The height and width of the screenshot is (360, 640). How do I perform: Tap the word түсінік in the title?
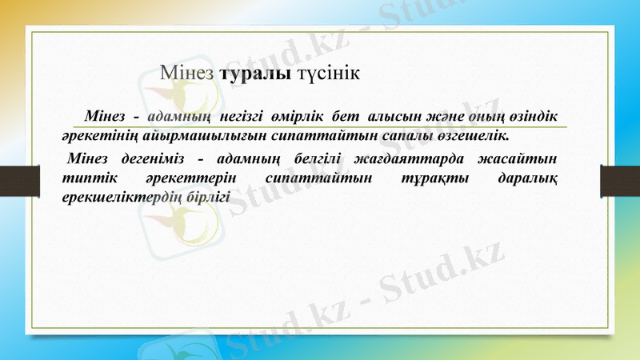click(329, 74)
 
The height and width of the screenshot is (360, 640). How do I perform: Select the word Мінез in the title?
click(187, 74)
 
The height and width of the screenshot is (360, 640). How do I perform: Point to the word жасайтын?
click(523, 157)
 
